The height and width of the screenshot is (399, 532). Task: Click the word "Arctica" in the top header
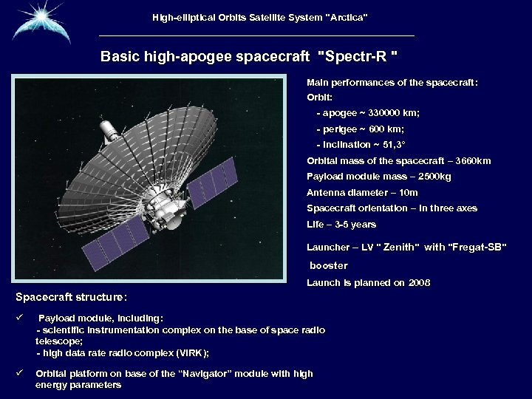[346, 16]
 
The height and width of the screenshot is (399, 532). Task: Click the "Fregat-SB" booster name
[477, 247]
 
